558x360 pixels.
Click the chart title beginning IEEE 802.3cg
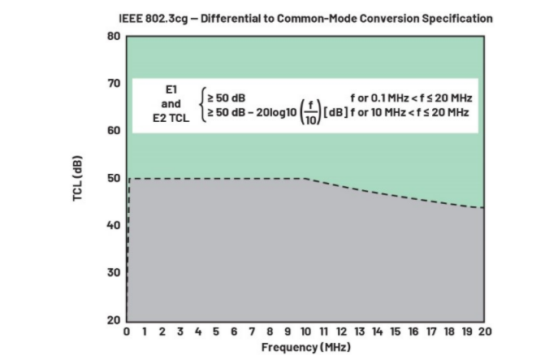pyautogui.click(x=305, y=18)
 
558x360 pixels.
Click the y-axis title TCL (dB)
pyautogui.click(x=79, y=178)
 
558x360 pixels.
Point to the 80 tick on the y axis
pyautogui.click(x=113, y=37)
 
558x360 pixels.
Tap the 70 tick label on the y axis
pyautogui.click(x=113, y=84)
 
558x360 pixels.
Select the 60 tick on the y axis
pyautogui.click(x=113, y=131)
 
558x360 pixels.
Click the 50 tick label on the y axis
pyautogui.click(x=113, y=178)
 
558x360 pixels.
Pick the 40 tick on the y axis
pyautogui.click(x=113, y=225)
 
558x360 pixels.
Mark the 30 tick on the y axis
pyautogui.click(x=113, y=272)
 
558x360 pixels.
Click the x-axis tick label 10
pyautogui.click(x=305, y=332)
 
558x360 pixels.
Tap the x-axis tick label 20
pyautogui.click(x=485, y=332)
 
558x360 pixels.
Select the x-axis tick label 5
pyautogui.click(x=216, y=332)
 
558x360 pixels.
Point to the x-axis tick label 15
pyautogui.click(x=395, y=332)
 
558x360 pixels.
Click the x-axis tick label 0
pyautogui.click(x=127, y=332)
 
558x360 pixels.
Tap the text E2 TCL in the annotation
pyautogui.click(x=171, y=118)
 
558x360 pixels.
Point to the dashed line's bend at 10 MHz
pyautogui.click(x=305, y=179)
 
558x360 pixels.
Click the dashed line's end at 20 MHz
pyautogui.click(x=483, y=207)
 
